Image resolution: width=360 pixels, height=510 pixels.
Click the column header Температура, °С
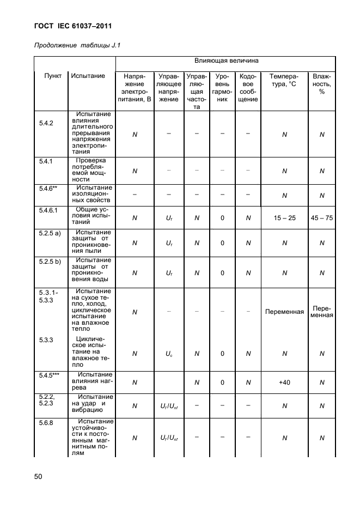(x=284, y=80)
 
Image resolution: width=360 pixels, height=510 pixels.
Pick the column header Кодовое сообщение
(x=248, y=88)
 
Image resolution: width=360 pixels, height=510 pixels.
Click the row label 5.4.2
(x=46, y=123)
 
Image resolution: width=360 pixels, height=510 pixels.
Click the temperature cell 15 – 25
(x=284, y=218)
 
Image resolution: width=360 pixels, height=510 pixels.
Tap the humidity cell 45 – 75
(x=321, y=218)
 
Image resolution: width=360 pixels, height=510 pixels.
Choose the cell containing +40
(x=284, y=382)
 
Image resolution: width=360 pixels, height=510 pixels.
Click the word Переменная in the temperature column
(x=284, y=312)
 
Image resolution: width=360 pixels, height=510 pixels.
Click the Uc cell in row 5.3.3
(x=169, y=353)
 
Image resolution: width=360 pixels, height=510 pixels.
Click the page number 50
(x=38, y=477)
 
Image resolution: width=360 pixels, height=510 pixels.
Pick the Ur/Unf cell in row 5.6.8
(x=169, y=438)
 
